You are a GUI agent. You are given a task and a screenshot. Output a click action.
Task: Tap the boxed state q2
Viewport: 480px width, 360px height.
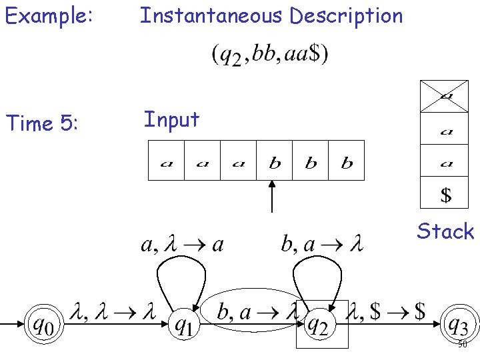pyautogui.click(x=322, y=325)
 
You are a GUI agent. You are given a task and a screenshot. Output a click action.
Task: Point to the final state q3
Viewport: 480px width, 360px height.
pyautogui.click(x=457, y=325)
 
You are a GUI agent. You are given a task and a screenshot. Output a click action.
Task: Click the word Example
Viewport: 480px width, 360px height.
pyautogui.click(x=47, y=16)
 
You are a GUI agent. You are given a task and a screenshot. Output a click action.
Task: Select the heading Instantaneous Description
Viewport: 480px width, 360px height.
pyautogui.click(x=271, y=16)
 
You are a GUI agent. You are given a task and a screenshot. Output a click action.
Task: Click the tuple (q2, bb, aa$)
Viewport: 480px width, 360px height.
pyautogui.click(x=269, y=55)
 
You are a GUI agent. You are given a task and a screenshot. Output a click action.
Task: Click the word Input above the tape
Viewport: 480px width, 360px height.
pyautogui.click(x=171, y=120)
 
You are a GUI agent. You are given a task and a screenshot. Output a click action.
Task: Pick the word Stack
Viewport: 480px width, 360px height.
pyautogui.click(x=445, y=231)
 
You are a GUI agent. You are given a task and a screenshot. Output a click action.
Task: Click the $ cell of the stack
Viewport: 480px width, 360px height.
pyautogui.click(x=446, y=195)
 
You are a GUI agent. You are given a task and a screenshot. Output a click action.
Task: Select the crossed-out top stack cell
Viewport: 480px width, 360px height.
pyautogui.click(x=446, y=95)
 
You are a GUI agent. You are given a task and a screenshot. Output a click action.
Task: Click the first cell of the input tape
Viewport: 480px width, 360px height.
pyautogui.click(x=165, y=161)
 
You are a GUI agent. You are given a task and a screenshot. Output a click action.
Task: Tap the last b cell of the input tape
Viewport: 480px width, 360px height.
pyautogui.click(x=347, y=161)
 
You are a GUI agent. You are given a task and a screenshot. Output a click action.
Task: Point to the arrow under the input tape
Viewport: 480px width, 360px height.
pyautogui.click(x=272, y=197)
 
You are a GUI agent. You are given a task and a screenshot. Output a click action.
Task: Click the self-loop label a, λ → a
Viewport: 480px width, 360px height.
pyautogui.click(x=182, y=245)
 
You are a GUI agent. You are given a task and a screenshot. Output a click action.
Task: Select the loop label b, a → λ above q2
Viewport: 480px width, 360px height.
pyautogui.click(x=321, y=245)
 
